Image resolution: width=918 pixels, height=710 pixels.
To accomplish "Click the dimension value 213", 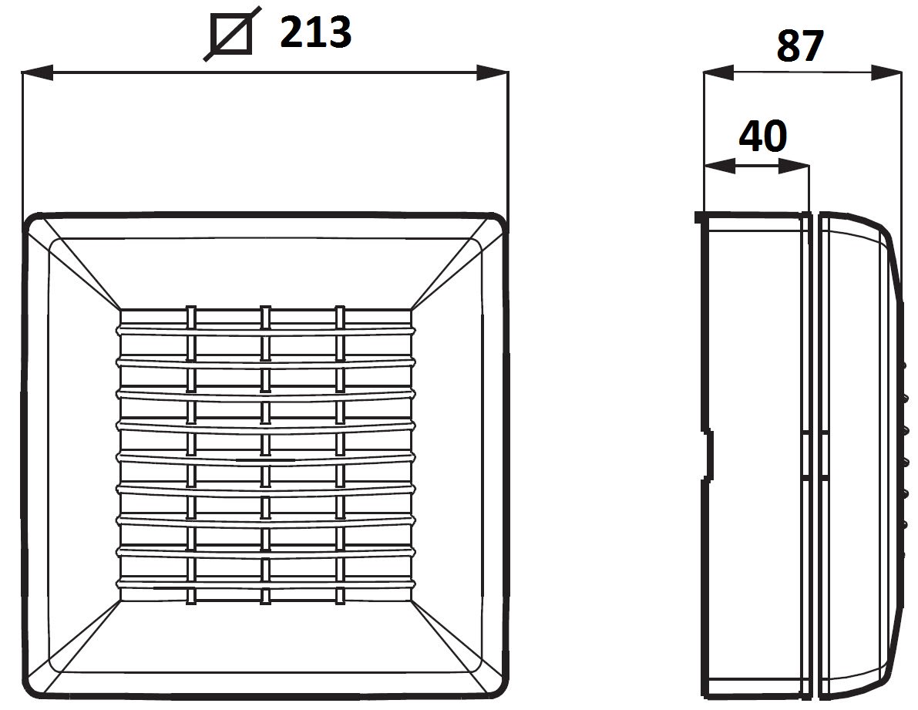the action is click(x=315, y=33).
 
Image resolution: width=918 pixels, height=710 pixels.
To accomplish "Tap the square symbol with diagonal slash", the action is click(x=231, y=33).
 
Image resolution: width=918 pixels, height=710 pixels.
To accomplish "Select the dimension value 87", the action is click(x=800, y=46).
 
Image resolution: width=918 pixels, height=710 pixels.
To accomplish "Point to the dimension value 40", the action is click(x=763, y=137).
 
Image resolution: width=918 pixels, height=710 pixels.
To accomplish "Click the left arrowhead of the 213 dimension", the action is click(x=38, y=72).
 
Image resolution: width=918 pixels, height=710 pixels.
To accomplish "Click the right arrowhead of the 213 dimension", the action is click(x=493, y=72).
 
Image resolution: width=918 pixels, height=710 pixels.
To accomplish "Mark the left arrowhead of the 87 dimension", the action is click(x=718, y=72).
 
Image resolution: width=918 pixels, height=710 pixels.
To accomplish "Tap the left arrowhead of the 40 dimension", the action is click(x=720, y=167).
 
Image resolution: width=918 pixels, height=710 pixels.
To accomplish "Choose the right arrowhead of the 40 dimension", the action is click(x=794, y=167).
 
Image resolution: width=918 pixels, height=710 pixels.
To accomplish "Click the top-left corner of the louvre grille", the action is click(x=120, y=310).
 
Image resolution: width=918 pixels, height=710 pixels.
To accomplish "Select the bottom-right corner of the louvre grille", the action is click(x=411, y=601).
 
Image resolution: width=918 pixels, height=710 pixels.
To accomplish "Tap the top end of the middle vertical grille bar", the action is click(x=265, y=306).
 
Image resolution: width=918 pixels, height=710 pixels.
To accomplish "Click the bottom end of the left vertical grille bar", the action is click(x=190, y=603).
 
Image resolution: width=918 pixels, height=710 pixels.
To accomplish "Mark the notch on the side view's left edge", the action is click(x=708, y=456).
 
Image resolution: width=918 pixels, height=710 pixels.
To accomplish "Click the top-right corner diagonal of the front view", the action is click(x=456, y=264).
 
